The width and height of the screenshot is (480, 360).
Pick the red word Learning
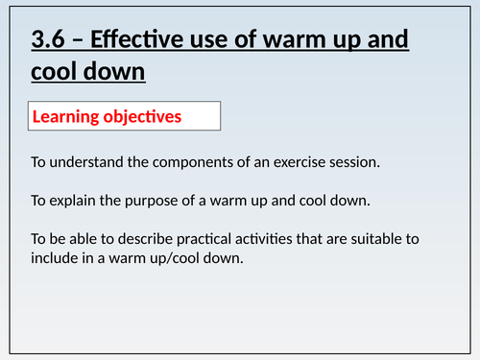coord(67,118)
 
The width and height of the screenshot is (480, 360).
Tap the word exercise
coord(307,162)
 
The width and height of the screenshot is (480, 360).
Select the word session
coord(358,162)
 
